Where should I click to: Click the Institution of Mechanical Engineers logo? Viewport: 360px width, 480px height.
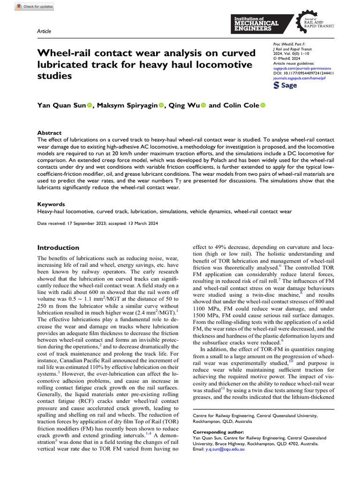[x=256, y=23]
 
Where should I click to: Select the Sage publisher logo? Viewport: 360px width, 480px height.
[x=285, y=86]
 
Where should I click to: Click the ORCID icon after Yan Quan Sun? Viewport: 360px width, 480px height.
[x=90, y=105]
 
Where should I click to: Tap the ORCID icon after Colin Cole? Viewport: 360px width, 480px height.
[x=262, y=105]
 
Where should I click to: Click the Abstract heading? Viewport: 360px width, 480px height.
[x=49, y=133]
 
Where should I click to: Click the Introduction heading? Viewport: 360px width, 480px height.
[x=58, y=247]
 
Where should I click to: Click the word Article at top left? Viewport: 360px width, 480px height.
[x=44, y=31]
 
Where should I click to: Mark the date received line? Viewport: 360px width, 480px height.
[x=99, y=225]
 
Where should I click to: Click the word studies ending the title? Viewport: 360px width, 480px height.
[x=54, y=75]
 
